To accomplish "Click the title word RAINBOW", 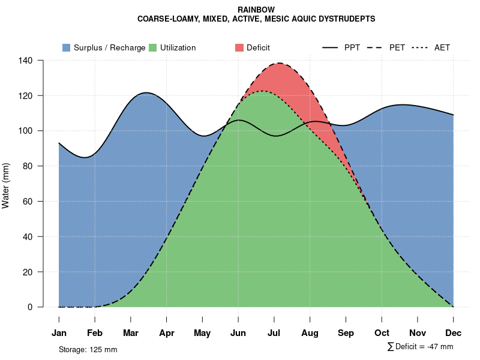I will pyautogui.click(x=256, y=10).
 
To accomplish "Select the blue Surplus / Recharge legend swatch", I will pyautogui.click(x=67, y=47).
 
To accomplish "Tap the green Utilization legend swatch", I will pyautogui.click(x=153, y=47).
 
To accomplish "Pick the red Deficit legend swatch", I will pyautogui.click(x=239, y=47).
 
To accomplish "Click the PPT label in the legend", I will pyautogui.click(x=352, y=47).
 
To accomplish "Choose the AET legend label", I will pyautogui.click(x=442, y=47).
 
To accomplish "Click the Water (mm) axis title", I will pyautogui.click(x=6, y=185).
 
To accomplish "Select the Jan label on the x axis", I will pyautogui.click(x=59, y=333).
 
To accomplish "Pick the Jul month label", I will pyautogui.click(x=274, y=333).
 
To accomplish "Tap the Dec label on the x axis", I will pyautogui.click(x=453, y=333).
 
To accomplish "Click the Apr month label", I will pyautogui.click(x=167, y=333).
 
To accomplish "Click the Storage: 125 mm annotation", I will pyautogui.click(x=88, y=349).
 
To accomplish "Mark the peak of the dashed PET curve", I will pyautogui.click(x=279, y=63).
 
